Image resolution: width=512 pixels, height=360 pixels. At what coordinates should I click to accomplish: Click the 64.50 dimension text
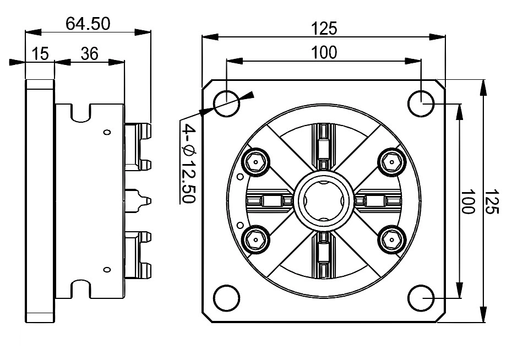tap(88, 24)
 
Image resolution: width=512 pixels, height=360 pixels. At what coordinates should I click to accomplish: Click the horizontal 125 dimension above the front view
tap(324, 28)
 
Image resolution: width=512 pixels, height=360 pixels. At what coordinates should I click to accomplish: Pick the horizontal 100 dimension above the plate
tap(324, 52)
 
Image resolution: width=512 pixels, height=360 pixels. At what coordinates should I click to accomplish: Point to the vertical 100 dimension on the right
tap(468, 201)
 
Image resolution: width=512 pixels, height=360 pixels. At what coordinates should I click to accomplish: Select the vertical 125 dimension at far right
tap(493, 201)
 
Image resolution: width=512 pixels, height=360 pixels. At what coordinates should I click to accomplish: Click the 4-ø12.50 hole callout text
tap(188, 165)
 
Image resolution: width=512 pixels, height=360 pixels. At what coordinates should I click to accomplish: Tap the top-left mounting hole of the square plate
tap(226, 103)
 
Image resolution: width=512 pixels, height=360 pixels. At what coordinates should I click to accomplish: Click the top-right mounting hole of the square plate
tap(421, 103)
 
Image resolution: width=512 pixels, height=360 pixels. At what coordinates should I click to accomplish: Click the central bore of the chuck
tap(324, 201)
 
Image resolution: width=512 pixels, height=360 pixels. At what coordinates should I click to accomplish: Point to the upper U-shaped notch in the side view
tap(81, 113)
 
